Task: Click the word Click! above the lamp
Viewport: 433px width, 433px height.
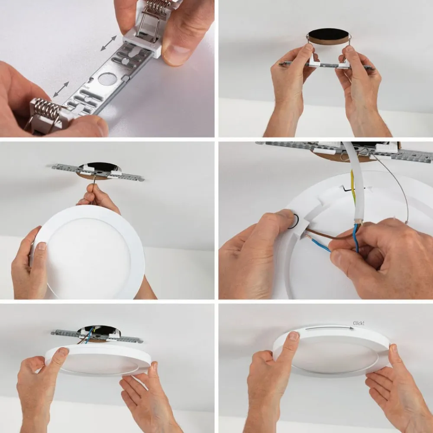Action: tap(359, 323)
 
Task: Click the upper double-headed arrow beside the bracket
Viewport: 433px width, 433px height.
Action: tap(109, 43)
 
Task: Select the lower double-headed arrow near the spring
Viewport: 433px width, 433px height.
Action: tap(61, 90)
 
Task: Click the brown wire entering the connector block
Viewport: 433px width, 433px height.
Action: tap(329, 236)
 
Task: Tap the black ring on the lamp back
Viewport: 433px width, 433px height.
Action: tap(294, 221)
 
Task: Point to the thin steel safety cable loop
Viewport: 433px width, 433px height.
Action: tap(398, 186)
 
